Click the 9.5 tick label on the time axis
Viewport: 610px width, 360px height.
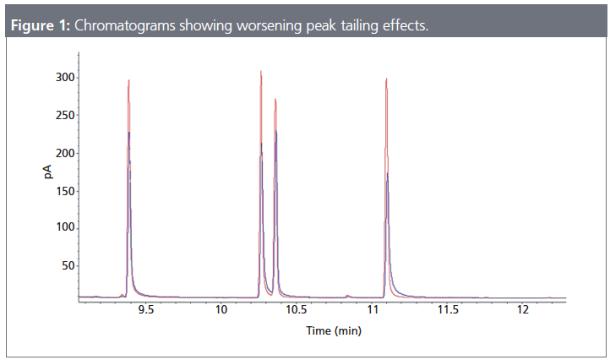tap(146, 310)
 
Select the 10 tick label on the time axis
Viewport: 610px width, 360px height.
tap(221, 310)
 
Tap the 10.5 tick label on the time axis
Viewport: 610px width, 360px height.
tap(297, 310)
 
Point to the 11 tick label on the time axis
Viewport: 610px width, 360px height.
tap(372, 310)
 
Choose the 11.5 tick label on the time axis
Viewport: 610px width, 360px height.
tap(448, 310)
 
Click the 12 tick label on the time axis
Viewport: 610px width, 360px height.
tap(523, 310)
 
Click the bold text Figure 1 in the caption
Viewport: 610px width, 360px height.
tap(41, 25)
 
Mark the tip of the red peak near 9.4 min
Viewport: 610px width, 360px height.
tap(128, 80)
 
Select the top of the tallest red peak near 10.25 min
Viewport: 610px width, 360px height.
tap(260, 71)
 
